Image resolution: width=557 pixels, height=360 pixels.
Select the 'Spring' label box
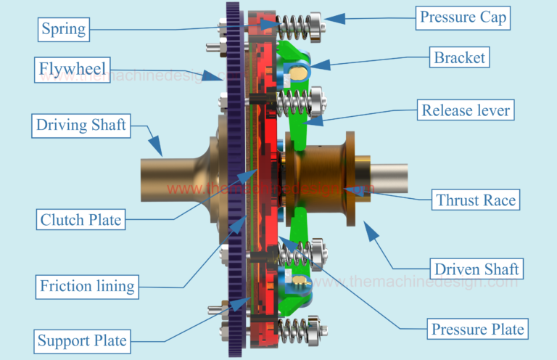tap(64, 30)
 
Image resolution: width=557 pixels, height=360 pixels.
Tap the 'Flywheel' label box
tap(73, 70)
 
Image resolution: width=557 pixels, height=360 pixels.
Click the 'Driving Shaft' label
tap(81, 125)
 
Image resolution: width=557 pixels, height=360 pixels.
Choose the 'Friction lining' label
tap(87, 286)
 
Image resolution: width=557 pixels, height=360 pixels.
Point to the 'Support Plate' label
tap(82, 340)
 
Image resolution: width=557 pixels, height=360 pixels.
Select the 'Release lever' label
tap(467, 111)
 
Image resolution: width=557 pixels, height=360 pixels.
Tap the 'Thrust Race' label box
tap(476, 200)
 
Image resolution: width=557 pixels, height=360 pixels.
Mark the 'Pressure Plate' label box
tap(478, 329)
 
